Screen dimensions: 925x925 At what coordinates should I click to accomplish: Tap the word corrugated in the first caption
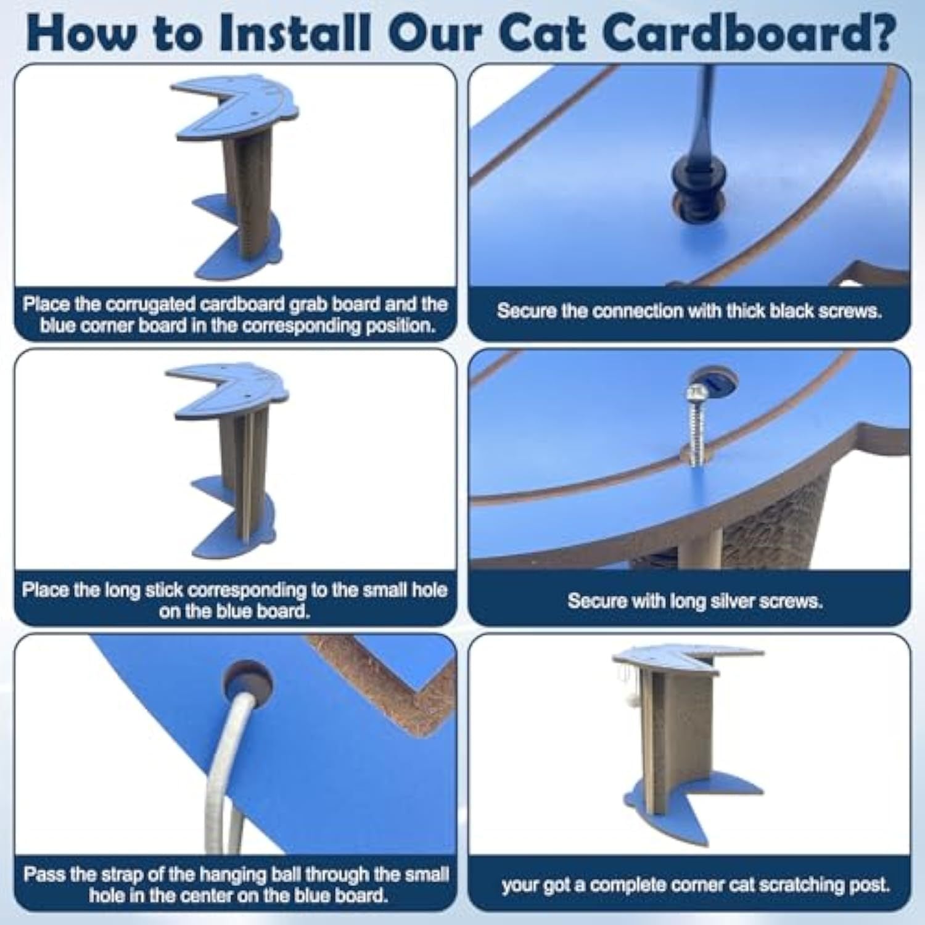click(x=146, y=305)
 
